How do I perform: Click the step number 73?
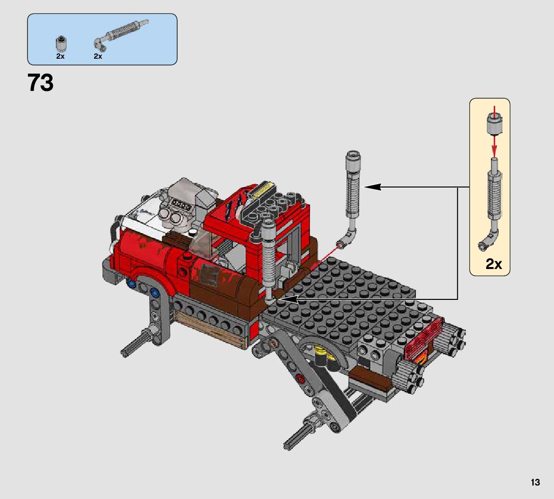(x=40, y=83)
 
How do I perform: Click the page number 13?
(x=535, y=482)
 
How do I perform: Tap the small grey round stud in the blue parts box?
(x=61, y=43)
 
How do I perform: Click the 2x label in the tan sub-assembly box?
(x=493, y=263)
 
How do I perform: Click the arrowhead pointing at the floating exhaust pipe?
(x=373, y=187)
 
